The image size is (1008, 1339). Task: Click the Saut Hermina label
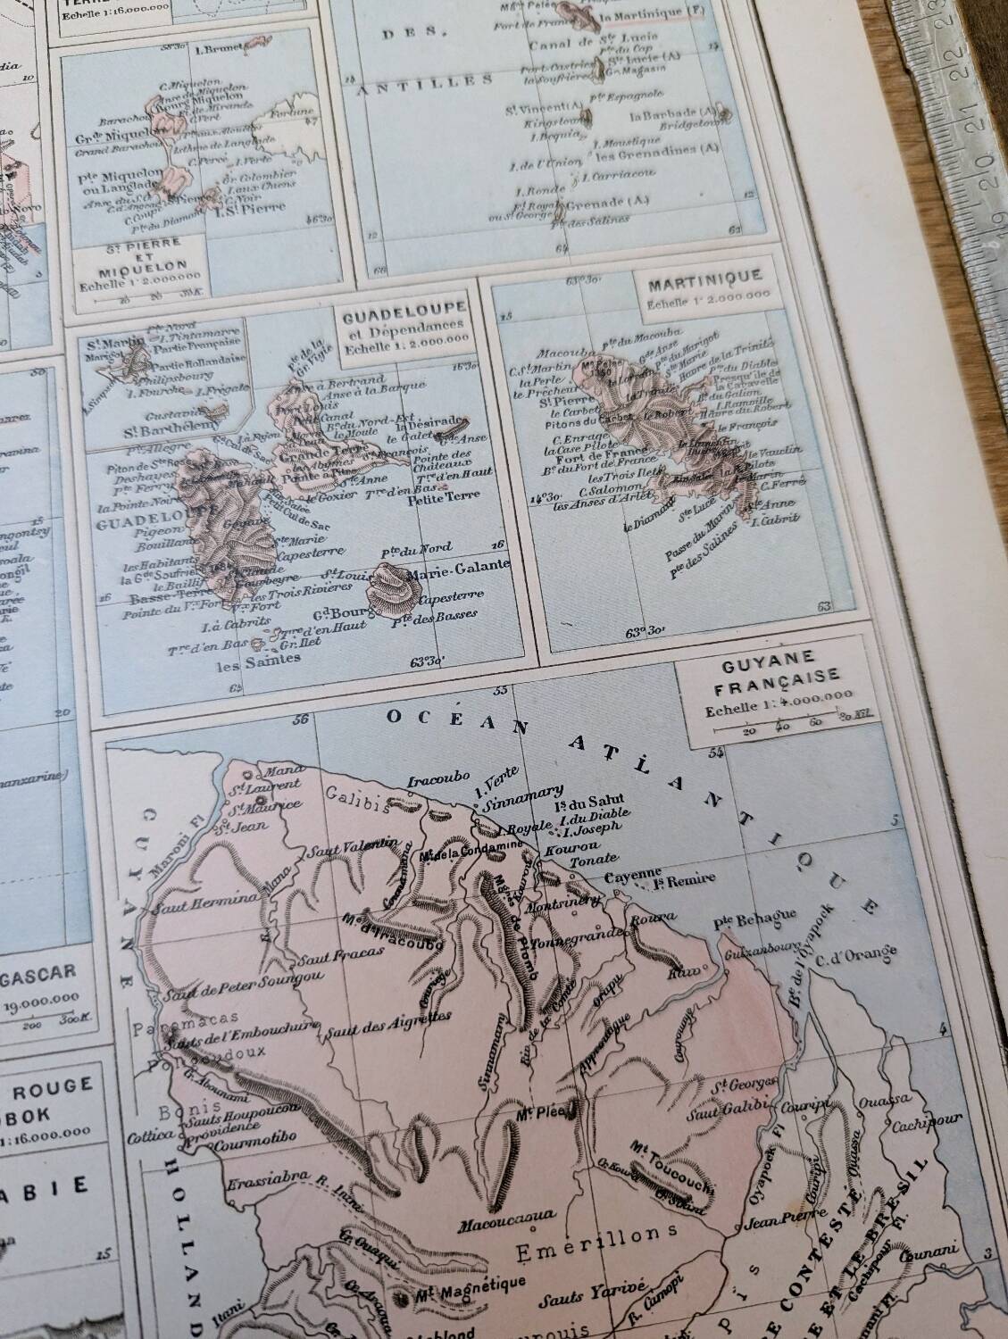pos(194,909)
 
